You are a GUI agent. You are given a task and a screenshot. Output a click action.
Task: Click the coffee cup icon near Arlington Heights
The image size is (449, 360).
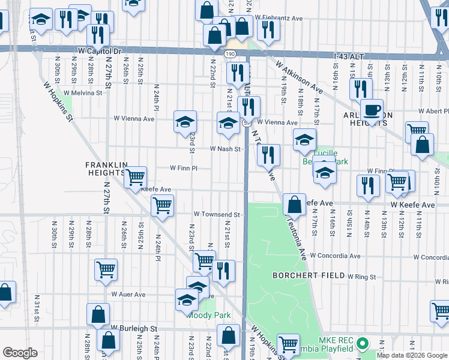(371, 110)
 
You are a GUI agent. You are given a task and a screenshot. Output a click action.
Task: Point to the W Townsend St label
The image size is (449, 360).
(216, 214)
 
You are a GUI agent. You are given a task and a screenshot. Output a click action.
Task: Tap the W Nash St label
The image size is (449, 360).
(224, 149)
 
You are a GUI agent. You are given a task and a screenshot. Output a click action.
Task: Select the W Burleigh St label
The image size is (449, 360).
(134, 329)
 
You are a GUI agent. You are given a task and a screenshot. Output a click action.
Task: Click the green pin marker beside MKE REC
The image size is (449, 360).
(361, 344)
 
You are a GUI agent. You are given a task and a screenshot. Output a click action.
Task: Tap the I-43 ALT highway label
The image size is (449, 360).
(349, 56)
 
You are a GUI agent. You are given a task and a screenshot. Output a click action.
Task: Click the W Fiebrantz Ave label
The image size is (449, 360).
(279, 19)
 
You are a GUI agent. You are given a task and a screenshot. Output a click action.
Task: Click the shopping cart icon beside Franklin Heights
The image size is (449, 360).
(136, 176)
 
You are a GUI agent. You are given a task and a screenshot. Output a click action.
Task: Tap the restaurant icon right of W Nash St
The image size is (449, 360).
(268, 155)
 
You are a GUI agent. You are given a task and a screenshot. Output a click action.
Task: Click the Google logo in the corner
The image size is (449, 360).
(20, 353)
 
